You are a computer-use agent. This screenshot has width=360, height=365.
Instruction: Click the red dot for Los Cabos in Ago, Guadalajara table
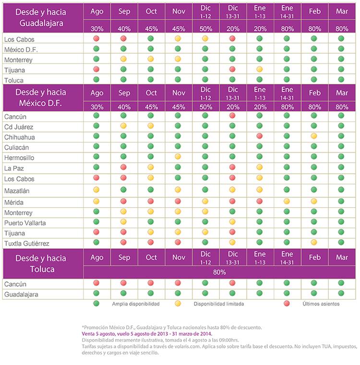click(x=96, y=38)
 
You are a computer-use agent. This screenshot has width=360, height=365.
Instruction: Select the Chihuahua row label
click(x=20, y=137)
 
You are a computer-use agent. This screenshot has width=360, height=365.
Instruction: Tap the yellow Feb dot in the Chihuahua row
click(x=314, y=136)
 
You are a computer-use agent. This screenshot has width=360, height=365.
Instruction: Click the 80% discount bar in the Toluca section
click(x=219, y=272)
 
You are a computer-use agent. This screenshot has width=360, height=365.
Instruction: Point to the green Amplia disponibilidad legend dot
click(x=96, y=303)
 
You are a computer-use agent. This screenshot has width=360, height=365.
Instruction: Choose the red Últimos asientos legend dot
click(x=287, y=303)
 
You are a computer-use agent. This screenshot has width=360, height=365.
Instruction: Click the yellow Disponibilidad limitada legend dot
click(x=178, y=303)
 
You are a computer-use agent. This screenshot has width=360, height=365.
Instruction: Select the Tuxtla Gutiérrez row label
click(x=27, y=244)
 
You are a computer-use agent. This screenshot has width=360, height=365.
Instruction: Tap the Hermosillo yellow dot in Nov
click(x=178, y=156)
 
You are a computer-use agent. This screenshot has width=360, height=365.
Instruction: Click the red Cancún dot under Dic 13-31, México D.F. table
click(x=232, y=116)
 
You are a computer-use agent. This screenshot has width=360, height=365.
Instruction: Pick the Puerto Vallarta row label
click(x=25, y=223)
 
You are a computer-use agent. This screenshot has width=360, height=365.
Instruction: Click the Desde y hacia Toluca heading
click(x=41, y=263)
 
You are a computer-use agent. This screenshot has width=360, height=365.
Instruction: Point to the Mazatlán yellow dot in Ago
click(x=96, y=190)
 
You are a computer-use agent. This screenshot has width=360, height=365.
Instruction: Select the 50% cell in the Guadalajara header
click(x=206, y=29)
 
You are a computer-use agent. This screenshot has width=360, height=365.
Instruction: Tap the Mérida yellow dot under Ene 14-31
click(x=287, y=201)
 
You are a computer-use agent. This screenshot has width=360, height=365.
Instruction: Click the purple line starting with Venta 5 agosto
click(x=147, y=334)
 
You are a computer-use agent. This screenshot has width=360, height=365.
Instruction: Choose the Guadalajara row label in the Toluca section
click(x=21, y=294)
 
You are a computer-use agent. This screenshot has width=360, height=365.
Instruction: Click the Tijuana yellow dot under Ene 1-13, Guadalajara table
click(x=259, y=69)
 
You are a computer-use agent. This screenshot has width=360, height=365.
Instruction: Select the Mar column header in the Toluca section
click(x=342, y=257)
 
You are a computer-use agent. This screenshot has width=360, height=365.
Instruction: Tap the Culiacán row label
click(x=16, y=148)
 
